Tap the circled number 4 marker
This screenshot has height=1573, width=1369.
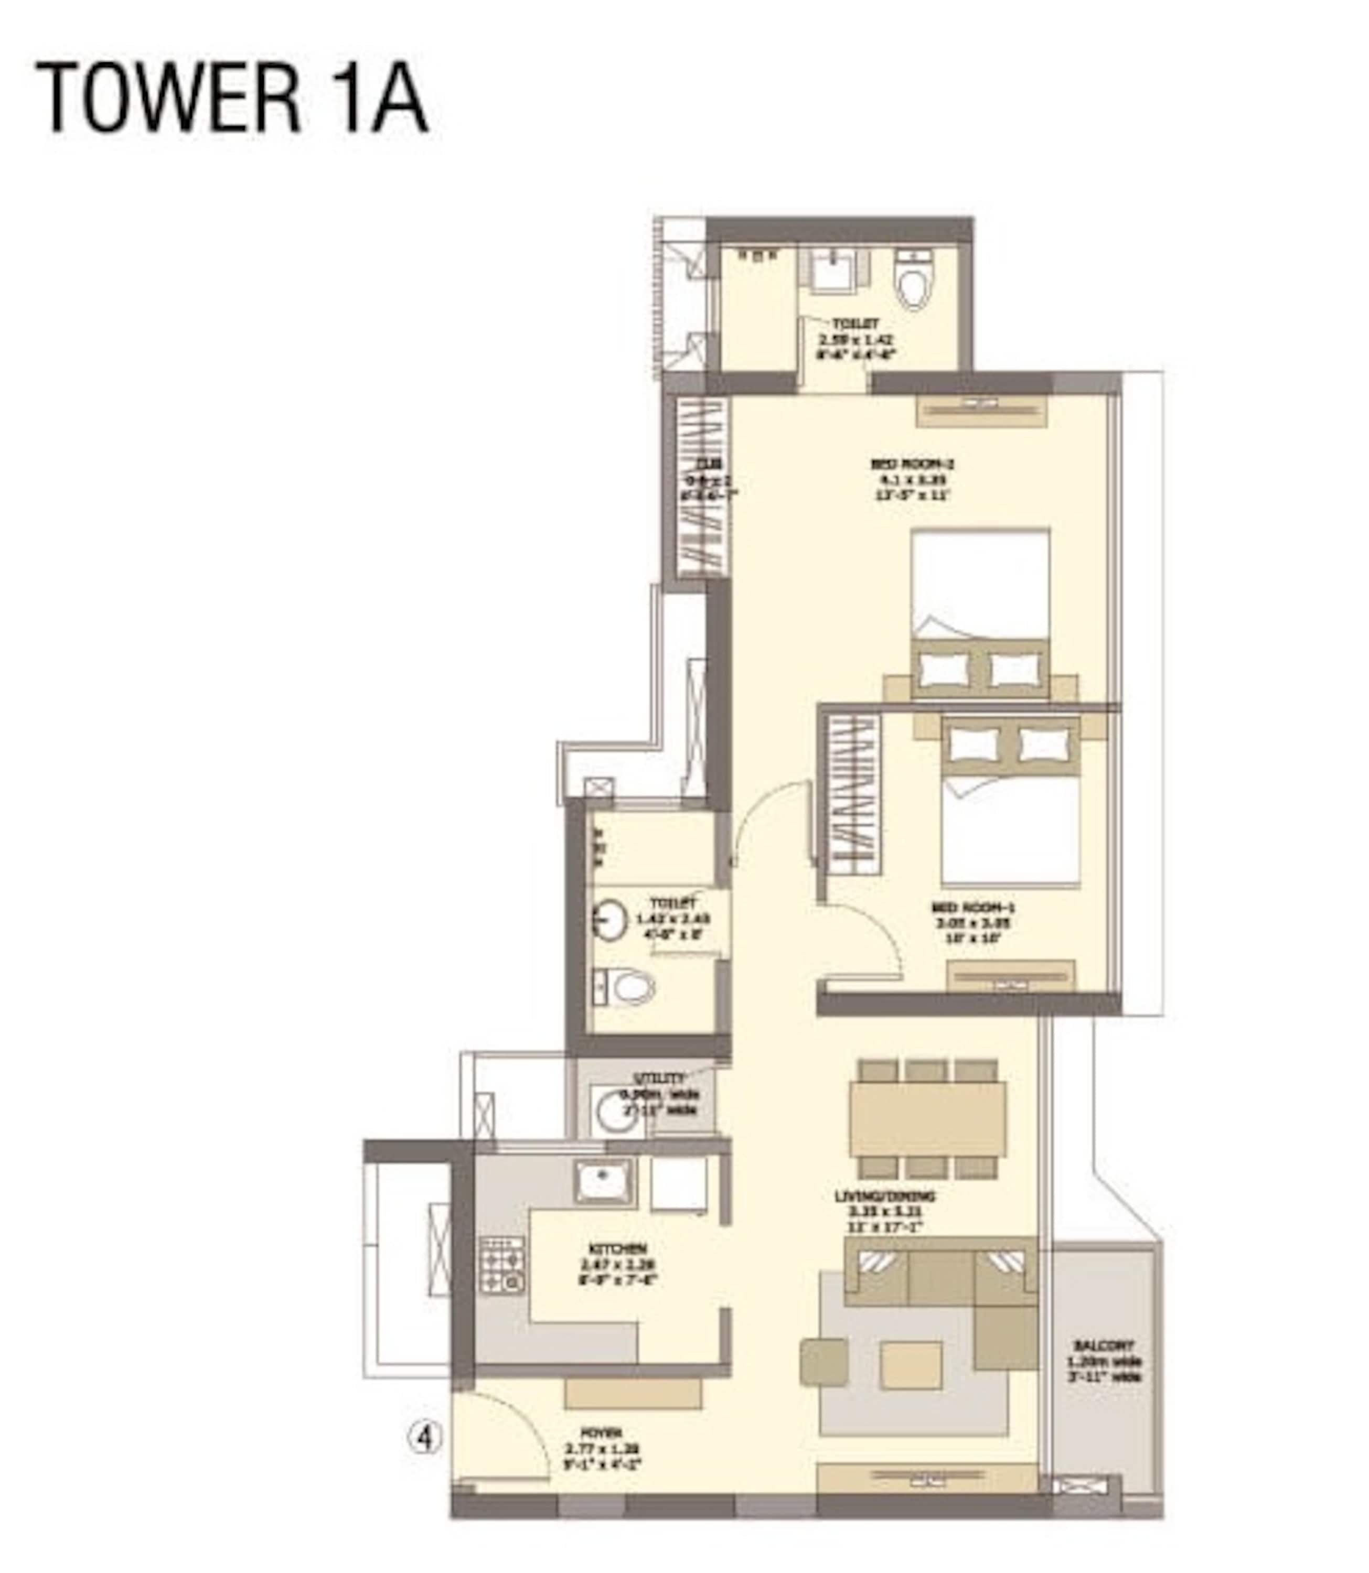[425, 1439]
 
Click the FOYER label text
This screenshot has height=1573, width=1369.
[602, 1432]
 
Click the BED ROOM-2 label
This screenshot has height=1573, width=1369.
[913, 464]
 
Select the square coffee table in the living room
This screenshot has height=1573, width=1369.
[910, 1365]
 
